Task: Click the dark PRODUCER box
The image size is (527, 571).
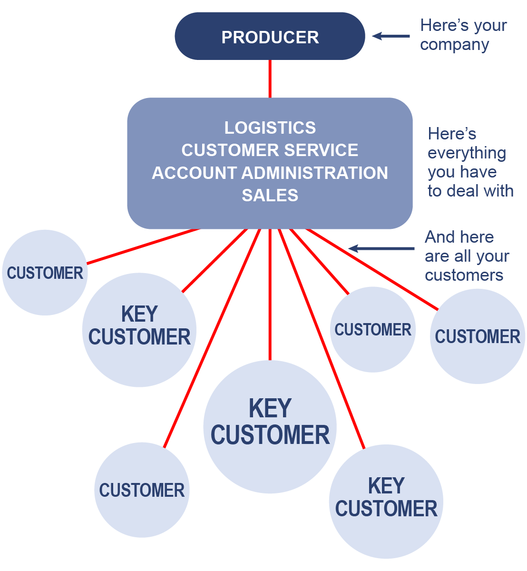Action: [x=270, y=37]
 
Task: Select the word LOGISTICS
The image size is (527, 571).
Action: [x=270, y=128]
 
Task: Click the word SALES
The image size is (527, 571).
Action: [x=270, y=196]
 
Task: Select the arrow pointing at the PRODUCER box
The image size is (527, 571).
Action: [x=390, y=36]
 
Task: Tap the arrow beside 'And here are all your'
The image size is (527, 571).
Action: [x=381, y=248]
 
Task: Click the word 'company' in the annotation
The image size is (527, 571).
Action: [x=454, y=45]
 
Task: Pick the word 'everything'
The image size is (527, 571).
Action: [x=467, y=153]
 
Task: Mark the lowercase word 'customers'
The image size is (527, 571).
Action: [x=464, y=276]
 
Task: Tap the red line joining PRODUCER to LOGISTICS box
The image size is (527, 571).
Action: [x=270, y=79]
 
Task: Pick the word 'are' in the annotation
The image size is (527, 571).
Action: [x=437, y=256]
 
